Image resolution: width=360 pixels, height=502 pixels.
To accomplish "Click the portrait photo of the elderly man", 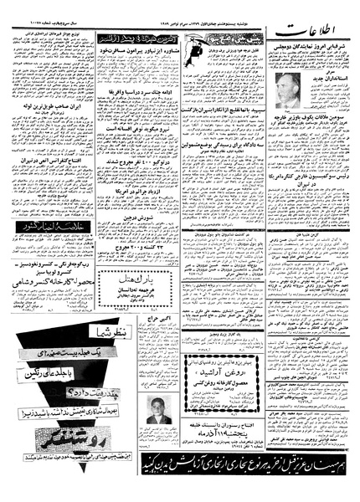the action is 286,91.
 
